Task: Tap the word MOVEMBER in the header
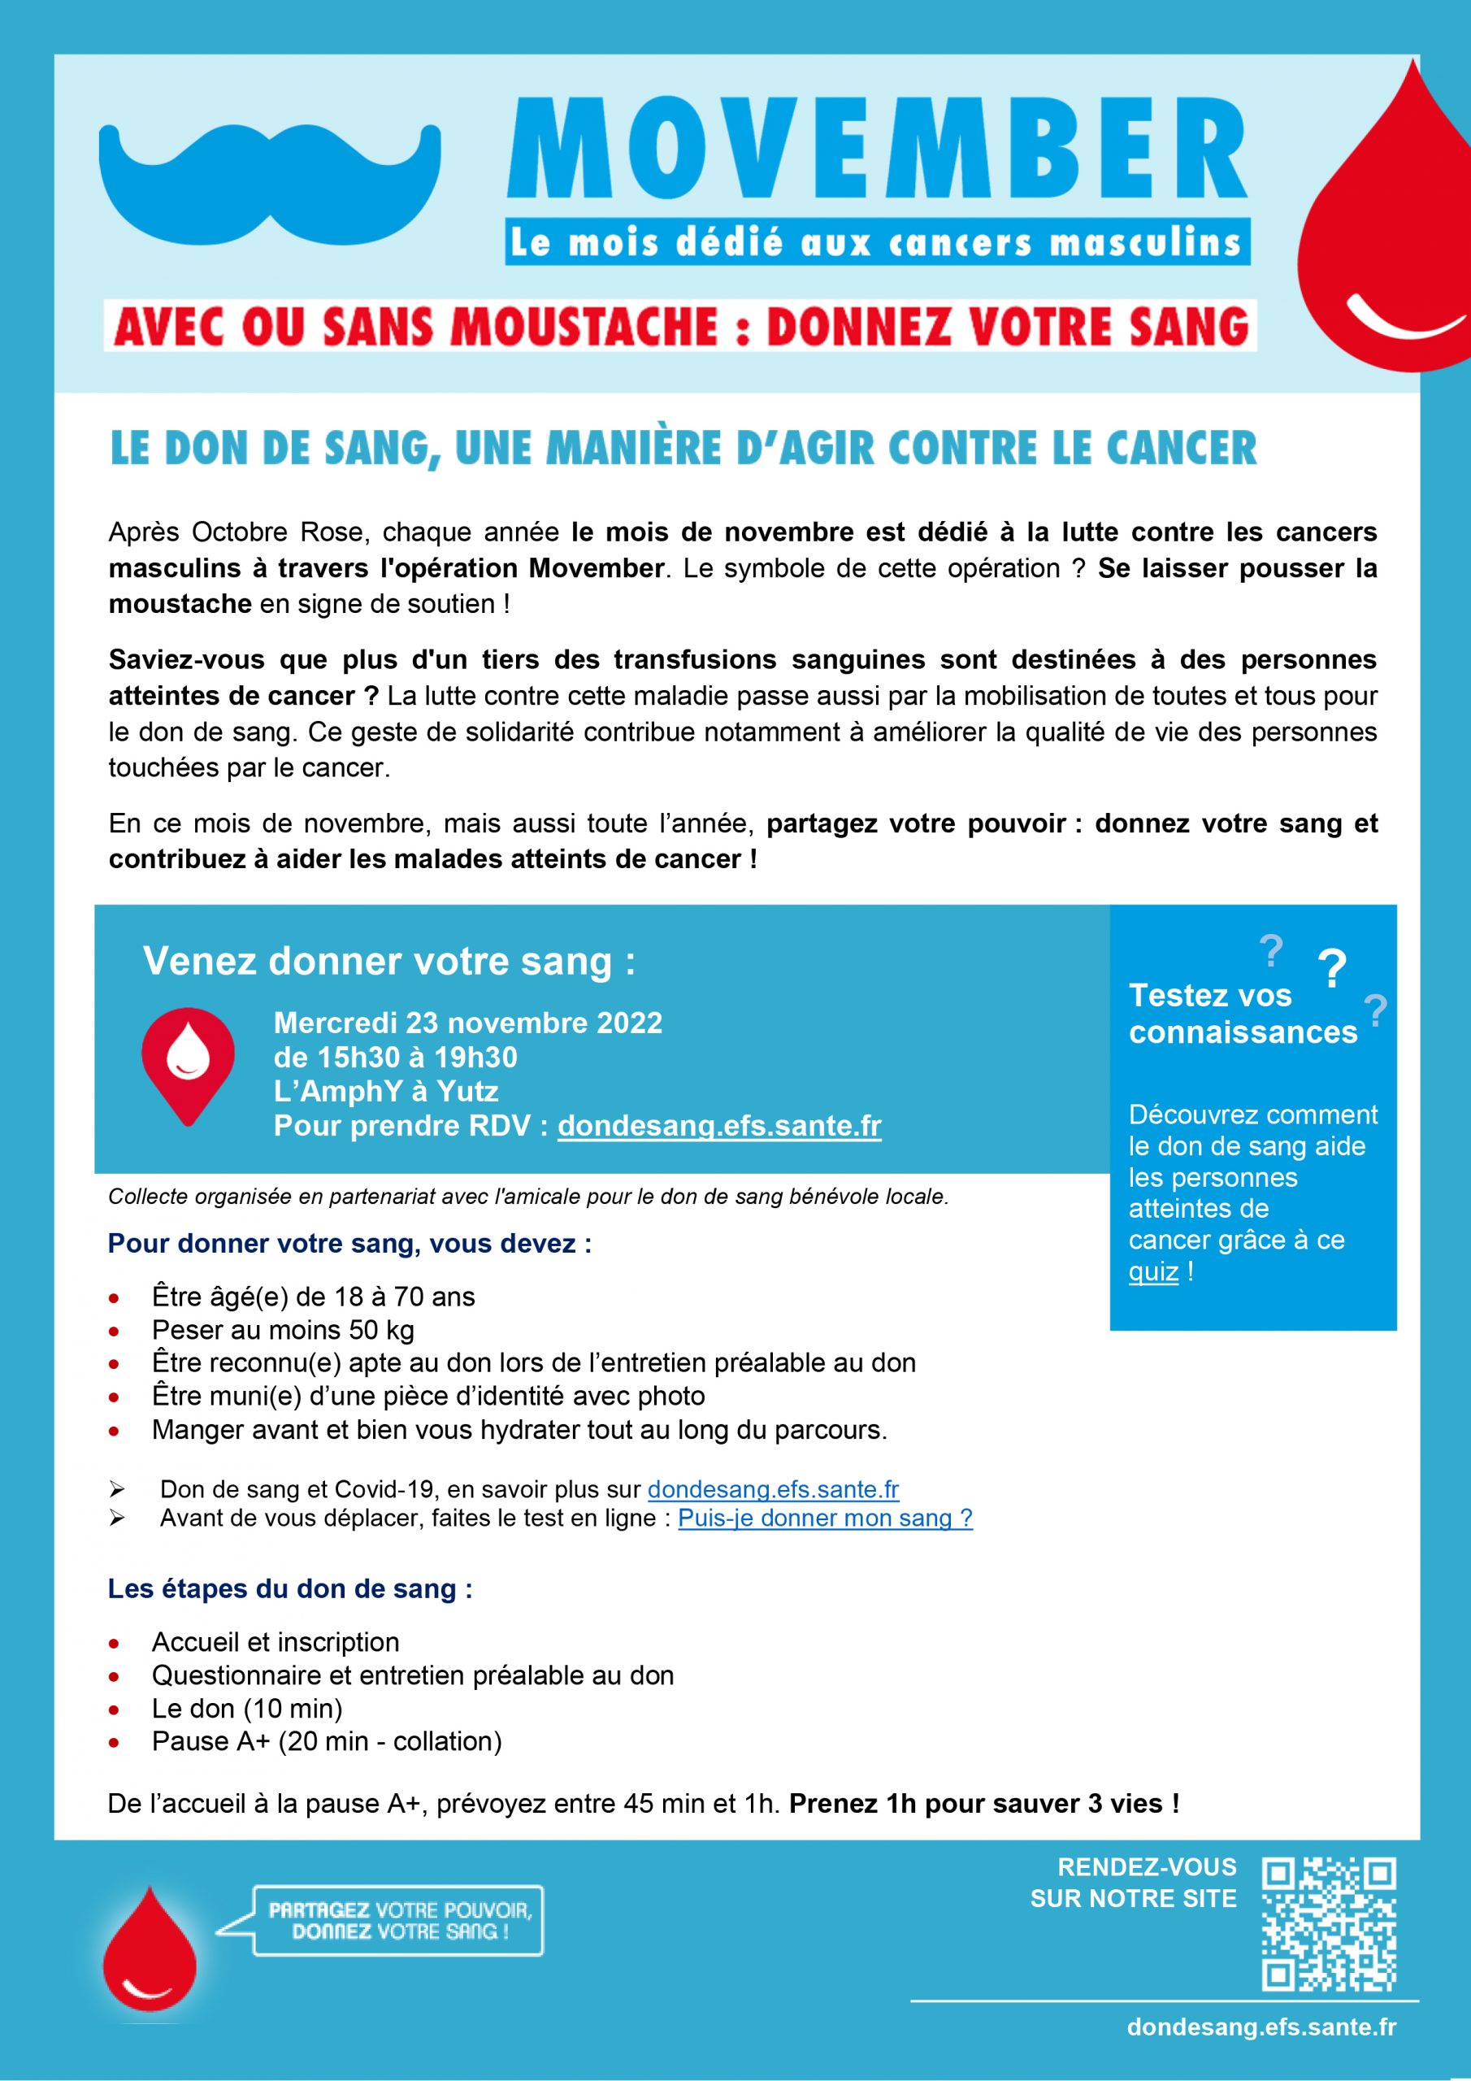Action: pyautogui.click(x=876, y=152)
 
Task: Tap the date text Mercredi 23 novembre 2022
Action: pyautogui.click(x=467, y=1023)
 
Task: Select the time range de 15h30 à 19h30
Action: pyautogui.click(x=395, y=1057)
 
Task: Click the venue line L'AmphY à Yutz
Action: pyautogui.click(x=386, y=1091)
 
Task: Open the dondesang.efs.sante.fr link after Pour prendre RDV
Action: pyautogui.click(x=718, y=1126)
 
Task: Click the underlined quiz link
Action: pyautogui.click(x=1153, y=1271)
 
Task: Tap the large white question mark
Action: pyautogui.click(x=1331, y=970)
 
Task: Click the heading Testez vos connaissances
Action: pyautogui.click(x=1242, y=1014)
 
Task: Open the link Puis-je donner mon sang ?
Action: pyautogui.click(x=825, y=1518)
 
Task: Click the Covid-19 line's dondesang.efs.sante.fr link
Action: pyautogui.click(x=773, y=1489)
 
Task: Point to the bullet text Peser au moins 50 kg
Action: pyautogui.click(x=283, y=1330)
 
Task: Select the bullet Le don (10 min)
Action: pyautogui.click(x=246, y=1709)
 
